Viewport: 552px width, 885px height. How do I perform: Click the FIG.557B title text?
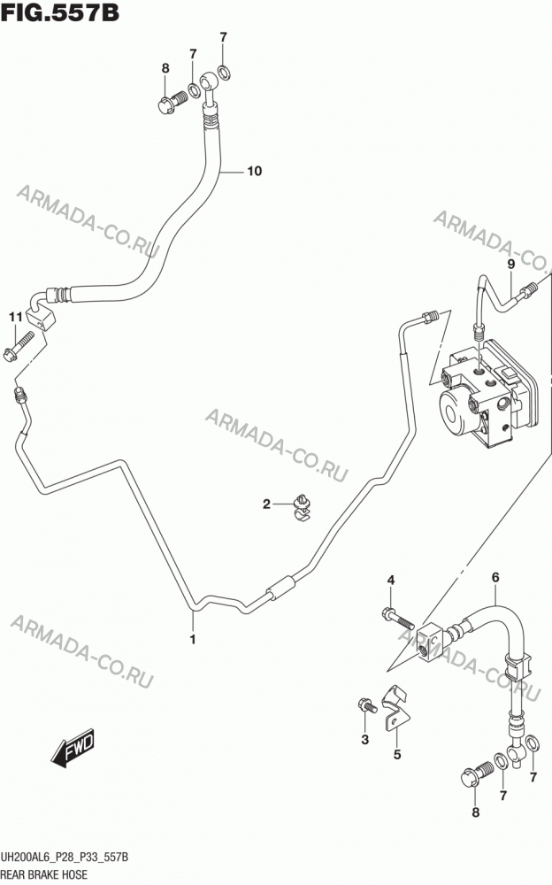tap(60, 12)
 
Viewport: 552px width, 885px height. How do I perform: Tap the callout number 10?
tap(255, 171)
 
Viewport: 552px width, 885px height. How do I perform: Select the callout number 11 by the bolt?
tap(16, 317)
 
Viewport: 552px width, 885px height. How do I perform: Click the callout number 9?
tap(510, 264)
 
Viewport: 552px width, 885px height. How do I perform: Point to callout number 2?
tap(266, 504)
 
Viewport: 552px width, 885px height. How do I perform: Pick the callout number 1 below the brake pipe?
tap(193, 640)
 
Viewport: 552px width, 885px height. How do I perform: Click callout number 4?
tap(391, 581)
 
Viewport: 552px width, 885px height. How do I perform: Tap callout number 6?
tap(495, 577)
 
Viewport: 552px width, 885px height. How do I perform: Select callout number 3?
tap(365, 739)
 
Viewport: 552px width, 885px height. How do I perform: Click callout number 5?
tap(397, 755)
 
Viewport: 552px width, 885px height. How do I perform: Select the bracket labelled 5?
tap(396, 707)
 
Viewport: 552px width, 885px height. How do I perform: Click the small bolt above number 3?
tap(366, 705)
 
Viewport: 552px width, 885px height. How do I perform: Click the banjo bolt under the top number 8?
tap(172, 102)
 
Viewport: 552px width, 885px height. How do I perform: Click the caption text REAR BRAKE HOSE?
tap(44, 874)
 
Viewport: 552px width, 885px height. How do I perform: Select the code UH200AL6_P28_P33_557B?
tap(65, 858)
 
